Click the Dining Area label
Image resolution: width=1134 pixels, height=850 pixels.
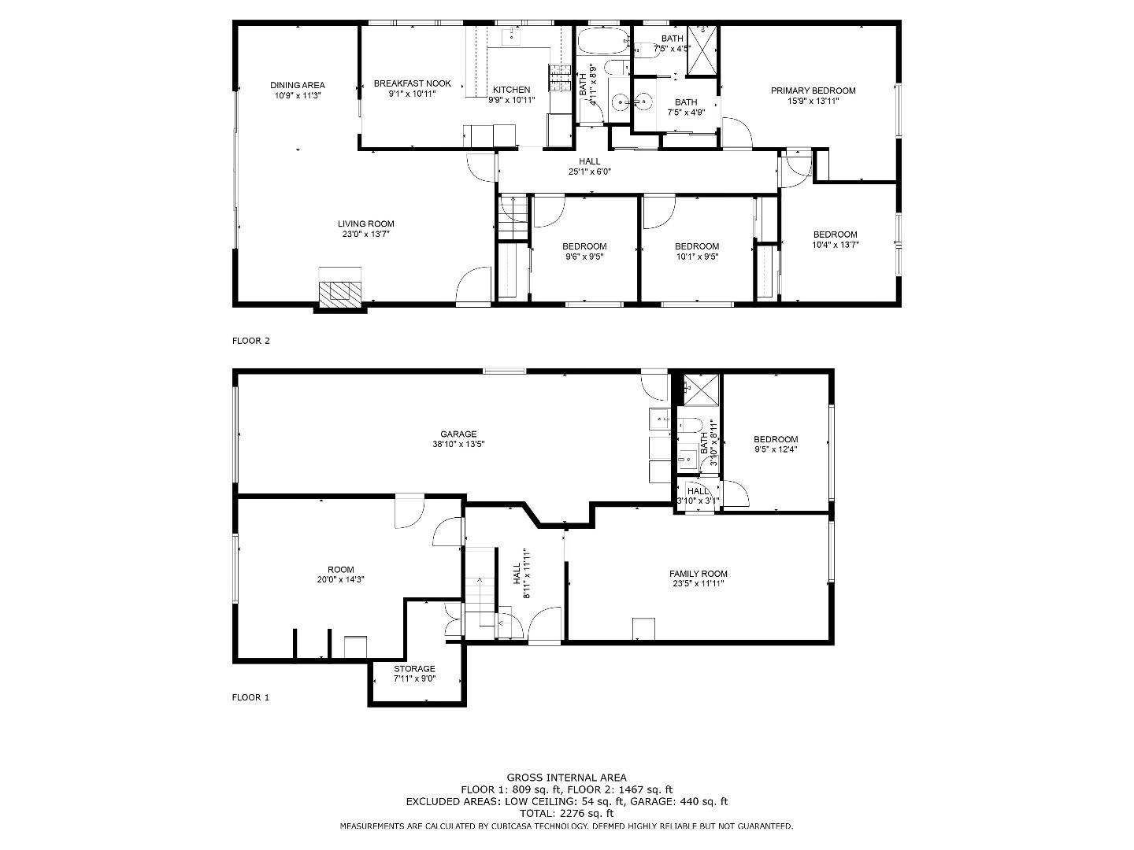(297, 86)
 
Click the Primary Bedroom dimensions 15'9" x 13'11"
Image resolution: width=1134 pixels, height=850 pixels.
(813, 101)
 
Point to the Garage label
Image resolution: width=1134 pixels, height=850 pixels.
(458, 434)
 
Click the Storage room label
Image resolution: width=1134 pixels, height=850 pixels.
(414, 669)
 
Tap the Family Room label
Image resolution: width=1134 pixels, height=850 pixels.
(698, 574)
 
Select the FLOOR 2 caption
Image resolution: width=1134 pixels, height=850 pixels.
(250, 341)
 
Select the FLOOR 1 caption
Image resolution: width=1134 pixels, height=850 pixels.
(250, 697)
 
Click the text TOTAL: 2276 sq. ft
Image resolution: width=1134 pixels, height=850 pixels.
(566, 813)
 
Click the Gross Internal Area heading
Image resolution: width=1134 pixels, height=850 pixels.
(566, 778)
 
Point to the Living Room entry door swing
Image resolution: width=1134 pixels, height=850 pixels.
(475, 285)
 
